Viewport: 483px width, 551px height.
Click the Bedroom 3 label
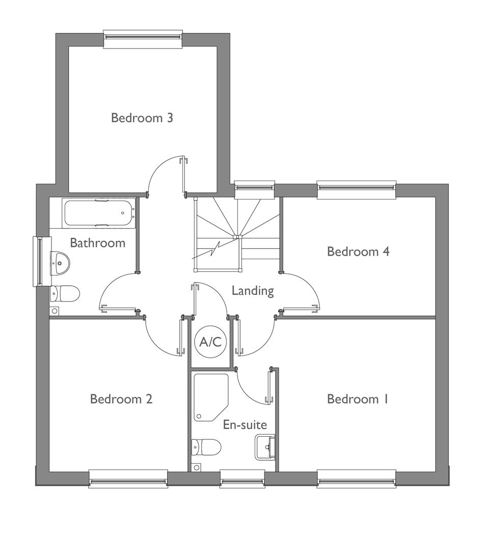pyautogui.click(x=142, y=118)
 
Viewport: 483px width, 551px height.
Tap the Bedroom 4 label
pyautogui.click(x=358, y=252)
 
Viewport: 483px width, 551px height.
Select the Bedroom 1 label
pyautogui.click(x=357, y=399)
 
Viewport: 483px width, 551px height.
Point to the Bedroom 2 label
pyautogui.click(x=121, y=399)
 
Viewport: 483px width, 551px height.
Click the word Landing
pyautogui.click(x=253, y=291)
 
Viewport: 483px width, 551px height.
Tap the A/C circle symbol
pyautogui.click(x=210, y=341)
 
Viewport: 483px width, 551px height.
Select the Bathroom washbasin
pyautogui.click(x=60, y=263)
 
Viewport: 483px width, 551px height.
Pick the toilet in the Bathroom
pyautogui.click(x=65, y=293)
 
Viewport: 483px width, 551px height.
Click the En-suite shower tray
pyautogui.click(x=210, y=397)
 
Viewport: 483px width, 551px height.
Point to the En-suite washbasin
pyautogui.click(x=265, y=447)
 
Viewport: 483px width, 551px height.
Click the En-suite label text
pyautogui.click(x=245, y=425)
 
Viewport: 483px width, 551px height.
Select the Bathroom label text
pyautogui.click(x=98, y=243)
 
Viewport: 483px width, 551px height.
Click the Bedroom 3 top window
pyautogui.click(x=143, y=39)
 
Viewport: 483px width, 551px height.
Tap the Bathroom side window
pyautogui.click(x=42, y=261)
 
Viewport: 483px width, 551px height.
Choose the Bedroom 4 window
pyautogui.click(x=356, y=190)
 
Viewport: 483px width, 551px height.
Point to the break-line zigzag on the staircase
pyautogui.click(x=213, y=250)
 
